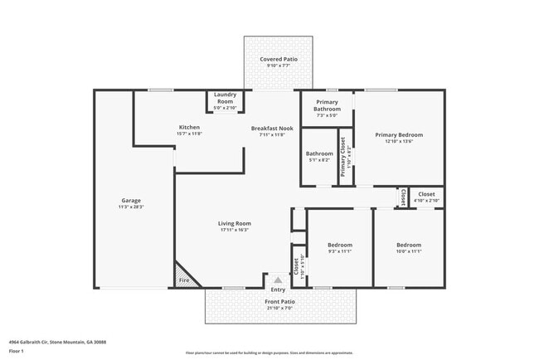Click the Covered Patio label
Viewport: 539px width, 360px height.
pyautogui.click(x=278, y=60)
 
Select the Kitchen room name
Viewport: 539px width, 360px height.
pyautogui.click(x=189, y=126)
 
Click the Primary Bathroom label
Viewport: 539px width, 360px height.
pyautogui.click(x=327, y=105)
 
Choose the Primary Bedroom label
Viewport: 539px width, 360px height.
pyautogui.click(x=398, y=134)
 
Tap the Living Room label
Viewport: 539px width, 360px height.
pyautogui.click(x=234, y=223)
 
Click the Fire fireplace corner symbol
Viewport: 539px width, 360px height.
pyautogui.click(x=183, y=280)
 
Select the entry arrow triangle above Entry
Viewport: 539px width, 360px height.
pyautogui.click(x=278, y=280)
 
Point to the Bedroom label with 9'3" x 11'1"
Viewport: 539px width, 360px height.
pyautogui.click(x=339, y=245)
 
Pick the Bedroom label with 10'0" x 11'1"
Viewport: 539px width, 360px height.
pyautogui.click(x=408, y=245)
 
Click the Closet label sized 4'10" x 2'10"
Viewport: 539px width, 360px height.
pyautogui.click(x=426, y=194)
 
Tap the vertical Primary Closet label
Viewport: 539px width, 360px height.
pyautogui.click(x=342, y=155)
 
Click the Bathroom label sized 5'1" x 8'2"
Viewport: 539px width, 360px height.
pyautogui.click(x=319, y=153)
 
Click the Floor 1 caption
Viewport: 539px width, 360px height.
pyautogui.click(x=17, y=352)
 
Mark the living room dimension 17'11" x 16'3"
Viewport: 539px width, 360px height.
pyautogui.click(x=234, y=230)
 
